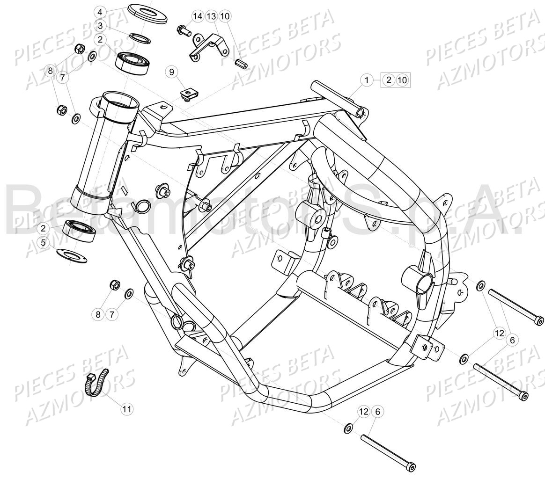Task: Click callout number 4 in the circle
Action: pyautogui.click(x=100, y=12)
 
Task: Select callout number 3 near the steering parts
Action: pyautogui.click(x=100, y=26)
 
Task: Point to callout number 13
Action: pyautogui.click(x=212, y=17)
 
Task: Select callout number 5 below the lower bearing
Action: pyautogui.click(x=44, y=242)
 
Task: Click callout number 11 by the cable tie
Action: pyautogui.click(x=126, y=409)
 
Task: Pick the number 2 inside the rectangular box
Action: pyautogui.click(x=389, y=80)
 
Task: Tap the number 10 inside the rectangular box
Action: pyautogui.click(x=402, y=80)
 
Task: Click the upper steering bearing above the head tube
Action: pyautogui.click(x=133, y=61)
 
